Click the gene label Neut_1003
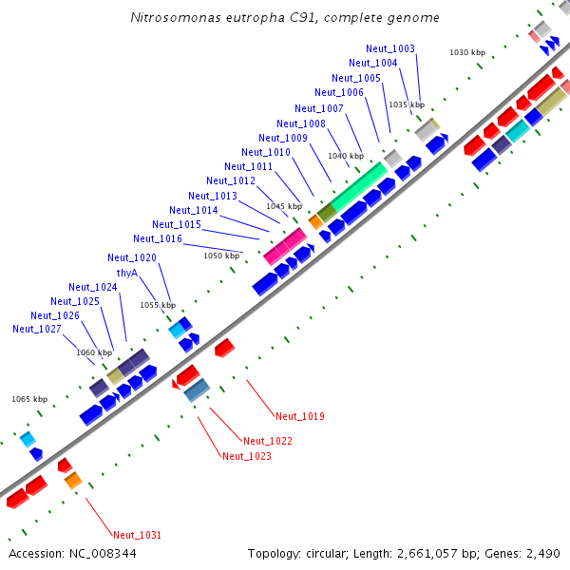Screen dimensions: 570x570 click(389, 48)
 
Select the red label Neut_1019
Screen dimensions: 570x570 click(300, 416)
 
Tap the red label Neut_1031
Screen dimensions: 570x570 click(137, 535)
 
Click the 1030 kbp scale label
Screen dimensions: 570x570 click(467, 52)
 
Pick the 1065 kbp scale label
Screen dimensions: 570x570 click(28, 400)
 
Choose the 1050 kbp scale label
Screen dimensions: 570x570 click(221, 256)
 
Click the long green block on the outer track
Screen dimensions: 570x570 click(359, 185)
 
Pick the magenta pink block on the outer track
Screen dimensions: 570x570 click(284, 245)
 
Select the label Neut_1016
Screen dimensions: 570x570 click(158, 238)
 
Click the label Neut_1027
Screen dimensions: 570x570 click(37, 329)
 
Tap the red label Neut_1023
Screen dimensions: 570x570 click(247, 456)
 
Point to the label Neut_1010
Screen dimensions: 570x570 click(266, 152)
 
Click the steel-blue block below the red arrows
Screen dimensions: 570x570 click(197, 389)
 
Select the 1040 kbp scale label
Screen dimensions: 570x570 click(346, 156)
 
